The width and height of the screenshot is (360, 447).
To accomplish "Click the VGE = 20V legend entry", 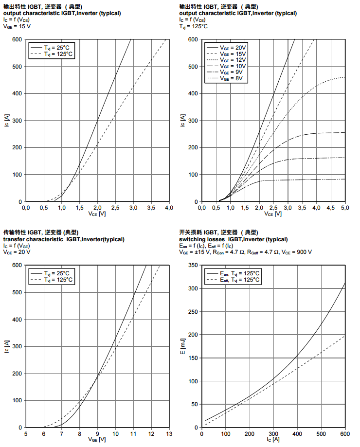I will click(234, 47).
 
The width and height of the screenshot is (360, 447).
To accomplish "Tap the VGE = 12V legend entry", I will click(234, 59).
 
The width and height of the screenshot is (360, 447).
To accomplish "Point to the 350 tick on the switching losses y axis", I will click(194, 265).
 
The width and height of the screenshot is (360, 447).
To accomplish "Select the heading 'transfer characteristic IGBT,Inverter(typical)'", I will click(64, 239).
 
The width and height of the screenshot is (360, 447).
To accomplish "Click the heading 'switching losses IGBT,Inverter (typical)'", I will click(233, 239).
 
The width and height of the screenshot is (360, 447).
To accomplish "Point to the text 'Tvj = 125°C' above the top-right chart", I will click(194, 26).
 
